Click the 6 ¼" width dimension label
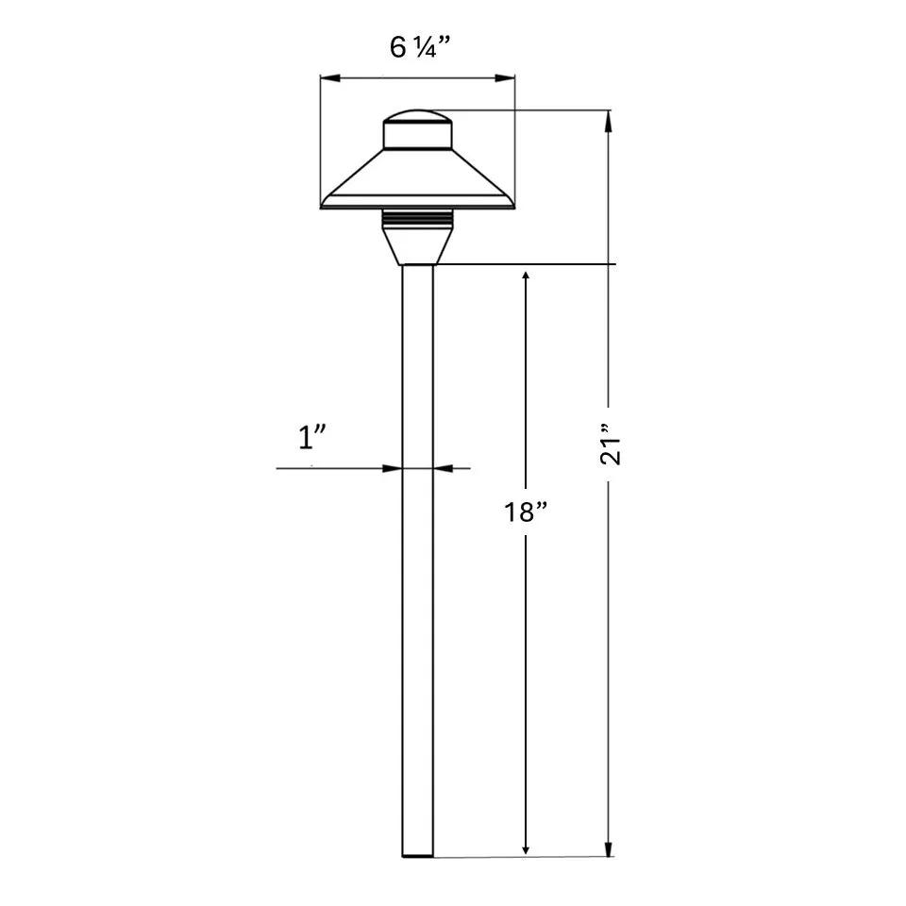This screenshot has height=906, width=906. [419, 47]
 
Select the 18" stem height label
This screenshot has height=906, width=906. [526, 512]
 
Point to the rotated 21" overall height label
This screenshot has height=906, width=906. [611, 444]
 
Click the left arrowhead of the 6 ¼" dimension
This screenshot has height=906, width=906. [329, 78]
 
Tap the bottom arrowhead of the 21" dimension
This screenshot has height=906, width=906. [607, 847]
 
